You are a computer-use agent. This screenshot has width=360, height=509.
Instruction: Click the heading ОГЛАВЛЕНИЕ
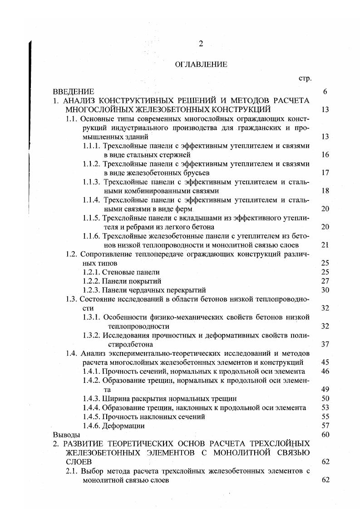pyautogui.click(x=201, y=64)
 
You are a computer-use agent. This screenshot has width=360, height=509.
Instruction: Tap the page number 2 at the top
pyautogui.click(x=201, y=44)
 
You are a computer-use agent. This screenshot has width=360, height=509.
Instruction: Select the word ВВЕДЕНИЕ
pyautogui.click(x=74, y=92)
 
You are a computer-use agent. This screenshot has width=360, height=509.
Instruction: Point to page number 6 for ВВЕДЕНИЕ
pyautogui.click(x=325, y=92)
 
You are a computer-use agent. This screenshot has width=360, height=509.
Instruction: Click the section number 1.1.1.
pyautogui.click(x=92, y=146)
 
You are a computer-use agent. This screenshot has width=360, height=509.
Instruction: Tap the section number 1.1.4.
pyautogui.click(x=92, y=200)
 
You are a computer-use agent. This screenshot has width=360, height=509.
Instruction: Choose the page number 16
pyautogui.click(x=325, y=155)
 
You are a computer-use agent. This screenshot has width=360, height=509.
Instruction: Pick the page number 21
pyautogui.click(x=325, y=245)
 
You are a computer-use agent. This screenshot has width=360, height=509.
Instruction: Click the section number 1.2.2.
pyautogui.click(x=92, y=281)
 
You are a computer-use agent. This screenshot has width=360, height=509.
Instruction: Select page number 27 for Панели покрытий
pyautogui.click(x=325, y=281)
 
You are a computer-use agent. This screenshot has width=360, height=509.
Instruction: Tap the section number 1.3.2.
pyautogui.click(x=92, y=335)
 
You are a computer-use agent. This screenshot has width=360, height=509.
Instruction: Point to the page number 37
pyautogui.click(x=325, y=344)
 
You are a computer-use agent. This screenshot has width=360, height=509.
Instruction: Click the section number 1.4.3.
pyautogui.click(x=92, y=399)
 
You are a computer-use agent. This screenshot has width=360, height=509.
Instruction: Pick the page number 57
pyautogui.click(x=325, y=426)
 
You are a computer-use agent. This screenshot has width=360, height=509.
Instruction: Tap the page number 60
pyautogui.click(x=325, y=435)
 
